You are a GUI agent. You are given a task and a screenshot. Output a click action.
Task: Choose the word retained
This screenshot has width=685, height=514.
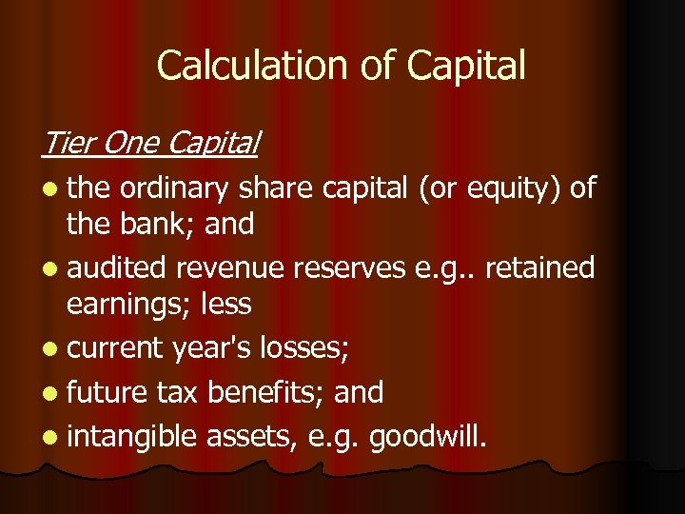(x=539, y=267)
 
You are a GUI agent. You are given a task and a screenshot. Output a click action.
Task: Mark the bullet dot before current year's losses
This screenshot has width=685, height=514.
(x=49, y=349)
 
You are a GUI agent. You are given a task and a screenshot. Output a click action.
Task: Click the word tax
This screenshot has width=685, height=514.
(x=175, y=391)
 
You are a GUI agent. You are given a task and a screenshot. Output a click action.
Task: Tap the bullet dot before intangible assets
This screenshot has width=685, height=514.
(x=49, y=437)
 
